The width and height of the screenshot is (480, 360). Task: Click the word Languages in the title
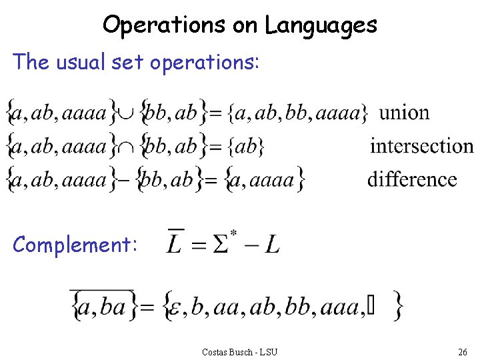pos(321,26)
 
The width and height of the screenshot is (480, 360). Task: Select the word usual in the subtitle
pos(79,62)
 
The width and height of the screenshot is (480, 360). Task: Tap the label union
pos(404,112)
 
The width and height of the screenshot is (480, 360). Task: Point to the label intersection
pos(421,145)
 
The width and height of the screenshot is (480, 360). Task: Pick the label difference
pos(412,179)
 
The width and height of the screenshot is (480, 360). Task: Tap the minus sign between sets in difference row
pos(123,179)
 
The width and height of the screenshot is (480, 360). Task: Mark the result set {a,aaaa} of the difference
pos(265,179)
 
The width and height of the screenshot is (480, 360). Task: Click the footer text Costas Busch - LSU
pos(239,351)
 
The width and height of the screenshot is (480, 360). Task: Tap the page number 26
pos(462,351)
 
